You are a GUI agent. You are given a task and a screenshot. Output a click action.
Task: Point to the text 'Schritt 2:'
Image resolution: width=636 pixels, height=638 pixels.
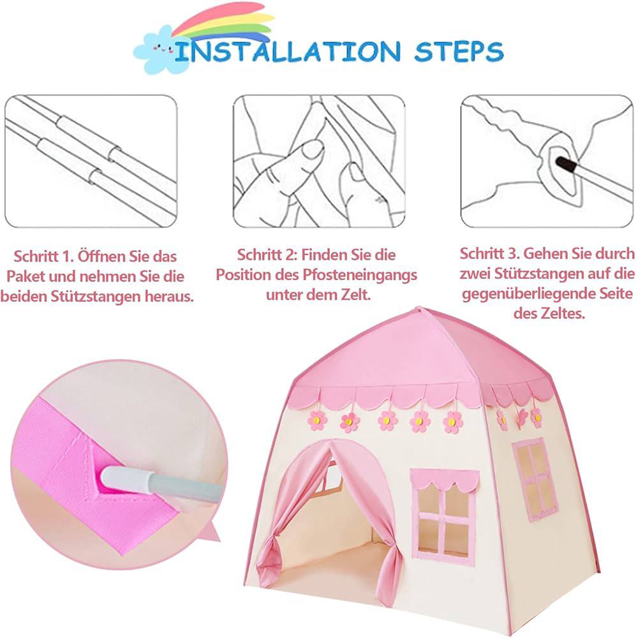267,255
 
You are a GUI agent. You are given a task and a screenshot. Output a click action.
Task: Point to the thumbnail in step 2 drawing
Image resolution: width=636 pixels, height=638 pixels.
312,151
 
